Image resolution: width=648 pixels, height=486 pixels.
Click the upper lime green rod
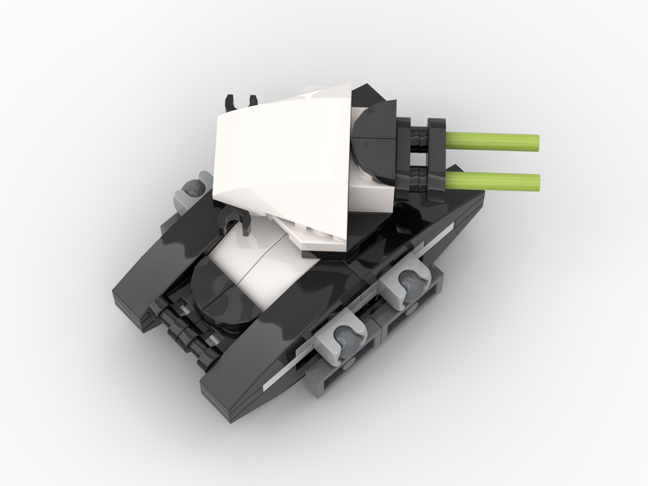click(x=492, y=140)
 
